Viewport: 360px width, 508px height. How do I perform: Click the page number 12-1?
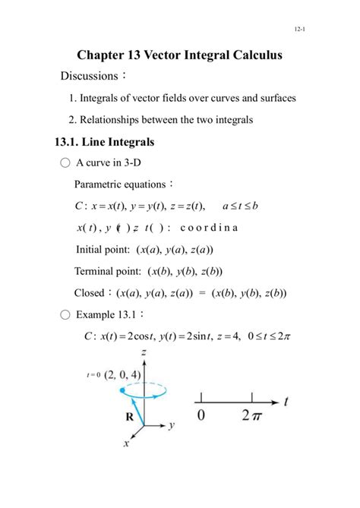[x=298, y=29]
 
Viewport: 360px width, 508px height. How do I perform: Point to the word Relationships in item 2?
[x=118, y=119]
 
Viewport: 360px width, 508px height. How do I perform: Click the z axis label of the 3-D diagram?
[x=144, y=355]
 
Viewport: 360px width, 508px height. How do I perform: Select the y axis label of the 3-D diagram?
[x=172, y=426]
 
